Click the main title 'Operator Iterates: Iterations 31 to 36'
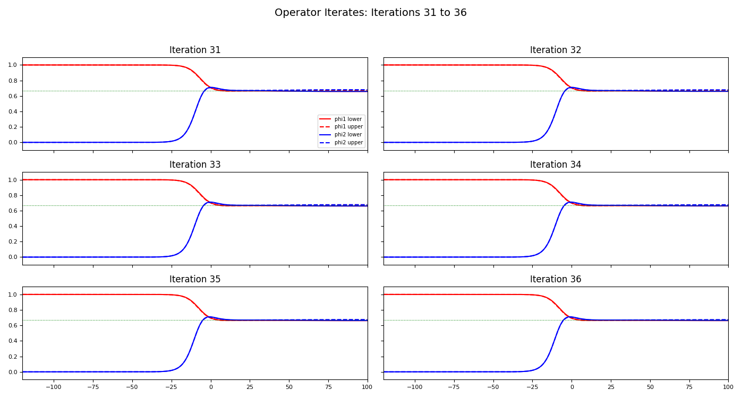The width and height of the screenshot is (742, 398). coord(370,13)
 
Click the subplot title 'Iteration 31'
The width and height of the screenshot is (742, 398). coord(195,50)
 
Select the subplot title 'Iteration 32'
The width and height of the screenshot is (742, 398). coord(556,50)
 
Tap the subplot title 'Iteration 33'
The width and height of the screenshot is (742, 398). coord(195,165)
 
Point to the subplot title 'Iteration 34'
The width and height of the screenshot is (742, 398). coord(556,165)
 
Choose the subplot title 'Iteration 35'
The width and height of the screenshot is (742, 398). coord(195,280)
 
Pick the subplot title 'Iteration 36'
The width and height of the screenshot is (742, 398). coord(556,280)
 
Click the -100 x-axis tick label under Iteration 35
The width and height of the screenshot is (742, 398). coord(53,387)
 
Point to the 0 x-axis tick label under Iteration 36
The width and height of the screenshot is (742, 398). coord(572,387)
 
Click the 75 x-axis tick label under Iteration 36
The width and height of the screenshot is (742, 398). coord(689,387)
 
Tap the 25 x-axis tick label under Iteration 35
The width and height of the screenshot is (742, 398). coord(250,387)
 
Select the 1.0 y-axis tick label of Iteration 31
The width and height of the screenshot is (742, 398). coord(13,65)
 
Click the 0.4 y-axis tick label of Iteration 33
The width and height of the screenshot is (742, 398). coord(13,227)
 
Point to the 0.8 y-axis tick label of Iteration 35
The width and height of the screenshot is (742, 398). coord(13,310)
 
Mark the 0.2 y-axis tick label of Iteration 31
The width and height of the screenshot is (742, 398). coord(13,127)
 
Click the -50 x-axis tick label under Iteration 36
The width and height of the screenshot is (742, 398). coord(493,387)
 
